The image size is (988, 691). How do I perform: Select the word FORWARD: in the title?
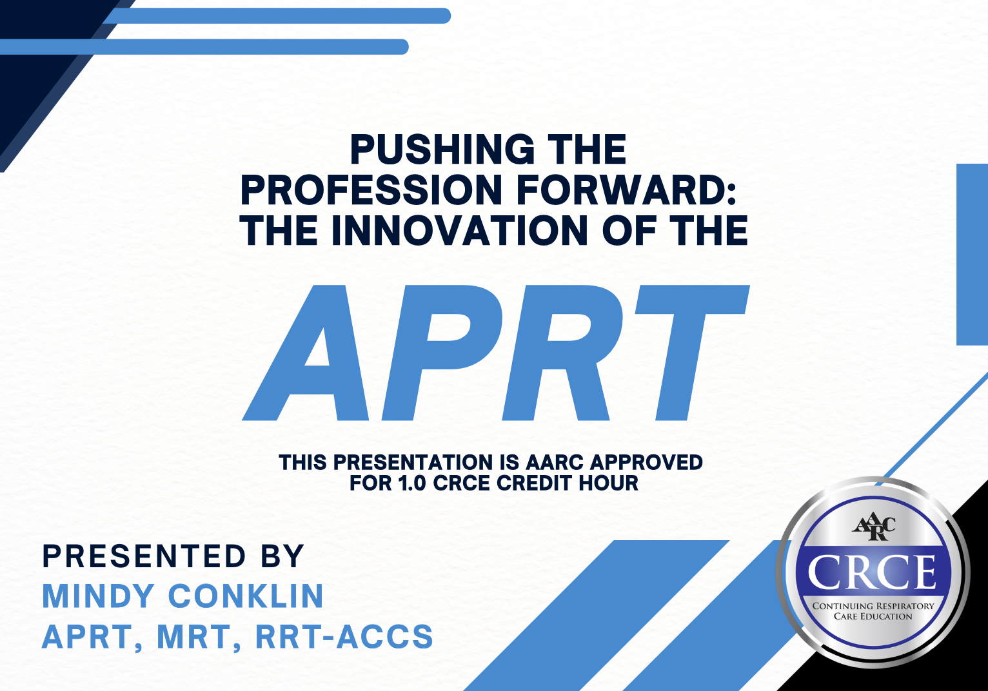point(627,190)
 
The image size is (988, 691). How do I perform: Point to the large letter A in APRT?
point(309,353)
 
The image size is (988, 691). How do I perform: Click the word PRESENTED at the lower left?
point(144,556)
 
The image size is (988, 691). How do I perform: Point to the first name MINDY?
point(99,596)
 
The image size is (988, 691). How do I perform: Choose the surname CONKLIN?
point(246,596)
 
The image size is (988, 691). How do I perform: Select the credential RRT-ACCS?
point(344,637)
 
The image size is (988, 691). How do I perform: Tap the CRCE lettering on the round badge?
point(874,572)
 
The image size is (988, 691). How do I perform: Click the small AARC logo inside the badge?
point(873,528)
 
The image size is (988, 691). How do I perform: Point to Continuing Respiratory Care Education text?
point(873,610)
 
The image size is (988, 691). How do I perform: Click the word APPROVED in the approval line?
point(646,462)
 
